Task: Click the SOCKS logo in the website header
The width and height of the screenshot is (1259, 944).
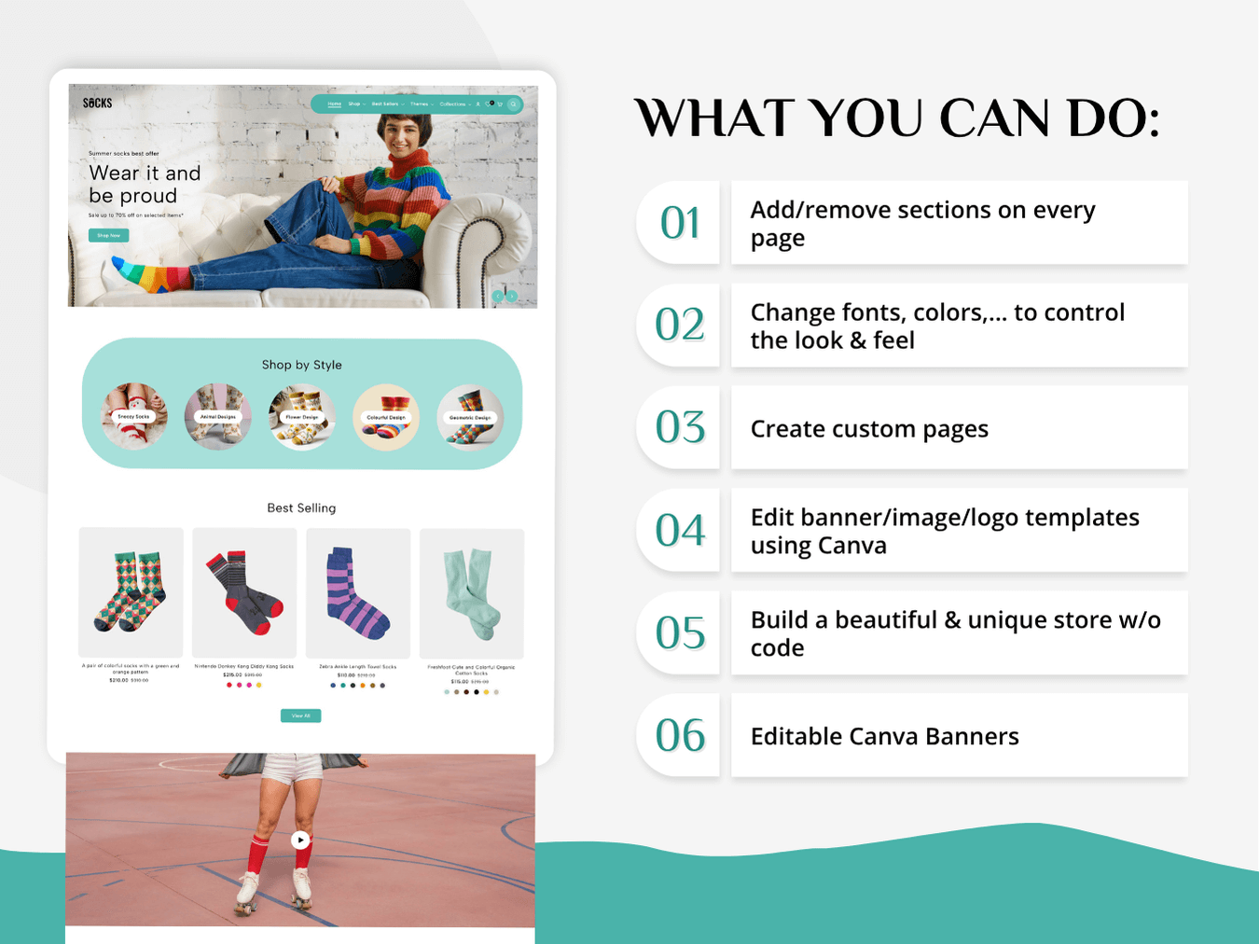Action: [x=97, y=104]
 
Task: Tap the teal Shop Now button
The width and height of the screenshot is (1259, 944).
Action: [x=108, y=235]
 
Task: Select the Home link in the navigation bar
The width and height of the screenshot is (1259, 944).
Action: [x=335, y=104]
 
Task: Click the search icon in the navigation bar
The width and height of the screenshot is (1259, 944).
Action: [x=513, y=104]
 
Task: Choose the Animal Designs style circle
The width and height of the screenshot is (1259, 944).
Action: [x=217, y=417]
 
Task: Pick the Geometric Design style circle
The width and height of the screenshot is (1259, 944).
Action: [x=470, y=417]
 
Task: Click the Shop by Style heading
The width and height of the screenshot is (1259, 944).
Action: [x=301, y=365]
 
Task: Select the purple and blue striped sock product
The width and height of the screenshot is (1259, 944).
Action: [x=358, y=593]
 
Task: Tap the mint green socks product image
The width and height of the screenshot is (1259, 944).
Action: [x=472, y=593]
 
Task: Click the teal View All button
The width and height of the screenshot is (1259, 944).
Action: [x=300, y=715]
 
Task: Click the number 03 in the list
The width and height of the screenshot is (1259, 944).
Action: [x=680, y=427]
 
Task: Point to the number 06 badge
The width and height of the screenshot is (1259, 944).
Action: [x=680, y=735]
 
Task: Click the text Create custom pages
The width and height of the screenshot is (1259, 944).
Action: [x=869, y=429]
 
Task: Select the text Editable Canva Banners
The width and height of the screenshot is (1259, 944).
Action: [x=884, y=737]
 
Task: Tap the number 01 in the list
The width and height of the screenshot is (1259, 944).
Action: [x=680, y=223]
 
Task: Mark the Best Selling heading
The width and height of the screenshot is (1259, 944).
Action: [x=301, y=508]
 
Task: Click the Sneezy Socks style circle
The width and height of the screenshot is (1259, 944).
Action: [x=134, y=417]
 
